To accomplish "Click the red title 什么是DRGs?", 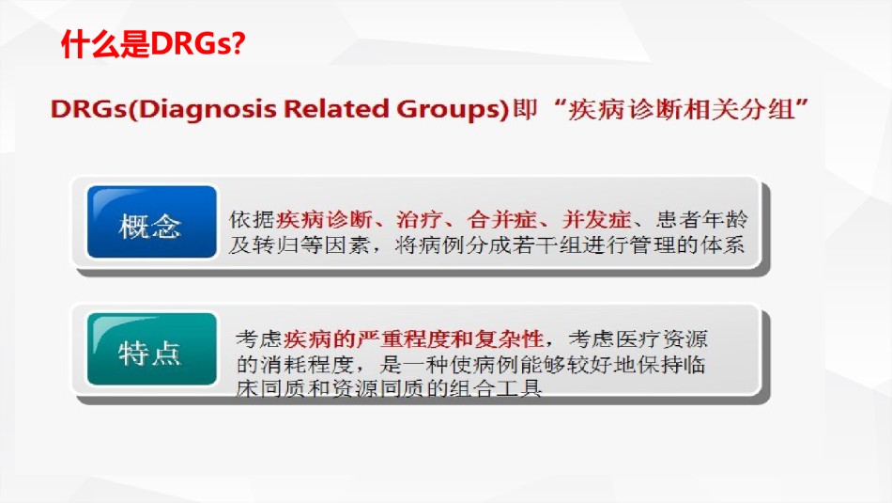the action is [x=153, y=44].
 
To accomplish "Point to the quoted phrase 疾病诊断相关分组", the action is [x=681, y=109].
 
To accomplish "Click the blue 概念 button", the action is [x=152, y=222].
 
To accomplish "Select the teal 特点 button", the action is [x=152, y=349].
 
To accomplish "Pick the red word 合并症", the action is [x=501, y=219].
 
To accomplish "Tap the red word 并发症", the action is [x=596, y=219].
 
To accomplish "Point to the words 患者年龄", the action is [x=702, y=219].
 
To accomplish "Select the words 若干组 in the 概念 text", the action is [x=546, y=245].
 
